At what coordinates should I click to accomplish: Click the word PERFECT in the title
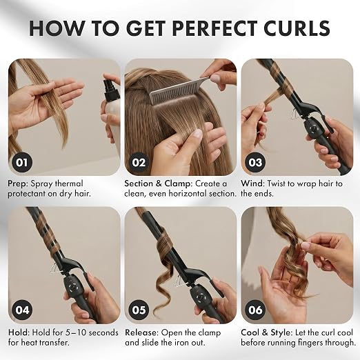point(214,28)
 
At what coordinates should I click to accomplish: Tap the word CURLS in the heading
point(296,28)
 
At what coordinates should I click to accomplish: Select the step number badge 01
point(22,162)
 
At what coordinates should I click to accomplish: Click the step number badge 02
point(139,162)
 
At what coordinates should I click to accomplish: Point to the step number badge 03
point(255,162)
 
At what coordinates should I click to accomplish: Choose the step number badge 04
point(22,310)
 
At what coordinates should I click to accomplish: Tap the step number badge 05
point(139,310)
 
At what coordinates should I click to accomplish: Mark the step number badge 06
point(255,310)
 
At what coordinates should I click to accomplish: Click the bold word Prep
point(18,184)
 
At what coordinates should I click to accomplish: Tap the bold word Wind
point(252,183)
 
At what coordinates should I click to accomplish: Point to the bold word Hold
point(19,332)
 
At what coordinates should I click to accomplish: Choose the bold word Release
point(141,332)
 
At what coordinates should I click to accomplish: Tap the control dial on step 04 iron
point(73,288)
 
